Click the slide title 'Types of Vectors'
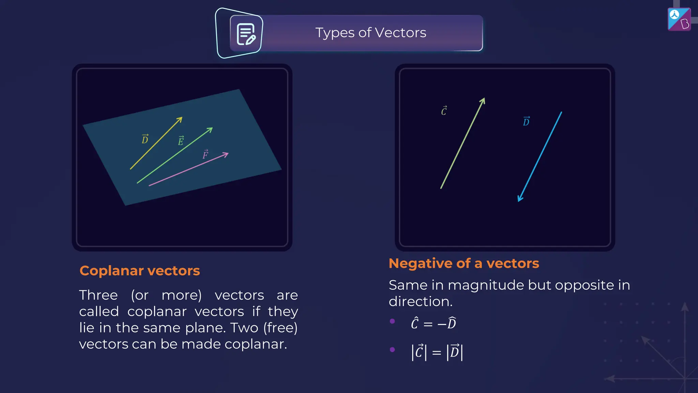pyautogui.click(x=370, y=33)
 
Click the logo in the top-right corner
pyautogui.click(x=679, y=19)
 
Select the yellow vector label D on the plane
pyautogui.click(x=145, y=139)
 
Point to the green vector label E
pyautogui.click(x=181, y=141)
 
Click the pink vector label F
pyautogui.click(x=206, y=155)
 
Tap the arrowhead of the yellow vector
pyautogui.click(x=180, y=119)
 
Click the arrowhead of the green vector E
pyautogui.click(x=210, y=129)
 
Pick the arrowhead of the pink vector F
pyautogui.click(x=226, y=155)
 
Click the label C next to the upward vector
pyautogui.click(x=444, y=111)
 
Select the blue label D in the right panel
pyautogui.click(x=526, y=121)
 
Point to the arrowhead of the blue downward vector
pyautogui.click(x=519, y=199)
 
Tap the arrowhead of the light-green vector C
pyautogui.click(x=483, y=101)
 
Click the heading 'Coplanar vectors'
pyautogui.click(x=140, y=271)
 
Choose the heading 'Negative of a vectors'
pyautogui.click(x=464, y=263)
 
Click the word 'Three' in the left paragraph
pyautogui.click(x=98, y=295)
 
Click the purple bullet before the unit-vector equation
pyautogui.click(x=392, y=321)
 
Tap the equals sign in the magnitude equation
pyautogui.click(x=437, y=353)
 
